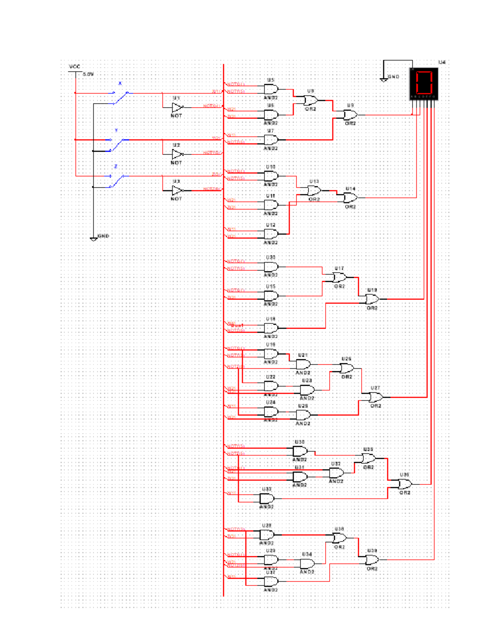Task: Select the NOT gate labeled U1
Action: click(x=177, y=107)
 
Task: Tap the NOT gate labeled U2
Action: click(x=177, y=154)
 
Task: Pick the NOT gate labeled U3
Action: click(x=177, y=190)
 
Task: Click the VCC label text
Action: click(x=75, y=67)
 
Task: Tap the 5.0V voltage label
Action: click(x=88, y=74)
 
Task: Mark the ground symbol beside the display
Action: click(x=384, y=79)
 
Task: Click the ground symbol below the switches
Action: click(x=94, y=239)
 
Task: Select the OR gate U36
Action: click(x=405, y=484)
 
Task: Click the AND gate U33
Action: click(x=266, y=498)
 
